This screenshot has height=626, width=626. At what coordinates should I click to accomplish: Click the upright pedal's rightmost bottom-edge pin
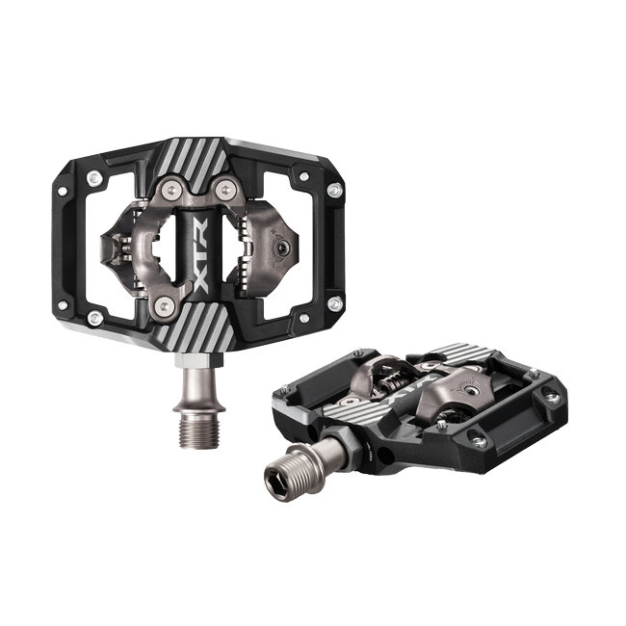(x=334, y=303)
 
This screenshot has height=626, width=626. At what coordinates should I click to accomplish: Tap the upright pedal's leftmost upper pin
(x=93, y=179)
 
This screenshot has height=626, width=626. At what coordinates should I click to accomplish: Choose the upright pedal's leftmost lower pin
(x=93, y=316)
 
